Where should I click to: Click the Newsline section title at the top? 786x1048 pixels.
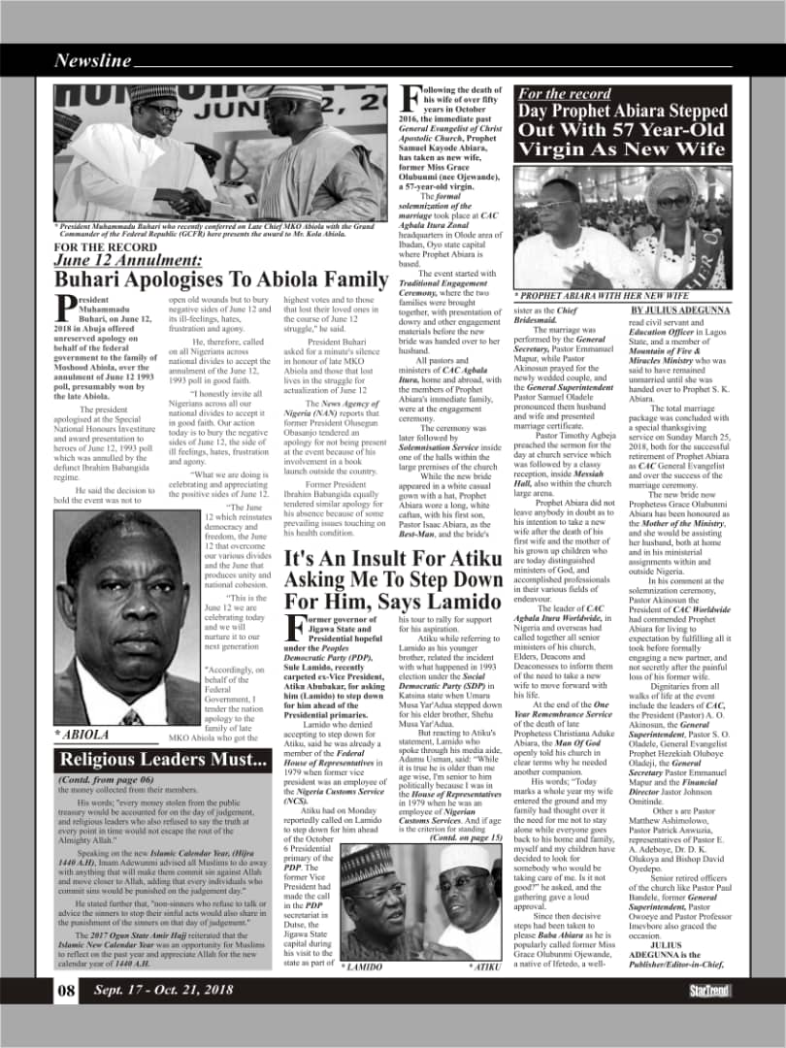click(x=92, y=60)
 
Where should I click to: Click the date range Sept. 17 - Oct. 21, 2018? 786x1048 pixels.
click(x=163, y=990)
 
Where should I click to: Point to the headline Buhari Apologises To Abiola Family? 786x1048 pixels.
click(x=221, y=280)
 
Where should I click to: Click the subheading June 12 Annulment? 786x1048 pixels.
click(x=128, y=260)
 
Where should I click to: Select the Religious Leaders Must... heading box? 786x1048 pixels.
click(x=163, y=760)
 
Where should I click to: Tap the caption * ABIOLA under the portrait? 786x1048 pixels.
click(x=82, y=735)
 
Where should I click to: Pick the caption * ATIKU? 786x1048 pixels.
click(x=483, y=966)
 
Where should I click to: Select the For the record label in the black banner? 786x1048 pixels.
click(x=564, y=94)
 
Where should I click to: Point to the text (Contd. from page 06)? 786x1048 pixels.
click(x=105, y=779)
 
